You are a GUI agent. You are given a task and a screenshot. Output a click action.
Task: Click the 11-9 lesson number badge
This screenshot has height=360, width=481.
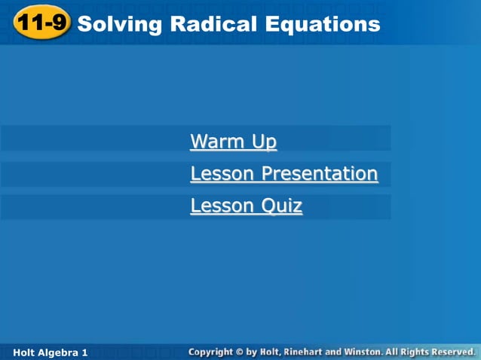coord(41,24)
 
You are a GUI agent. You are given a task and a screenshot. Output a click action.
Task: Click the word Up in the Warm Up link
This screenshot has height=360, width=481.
coord(265,142)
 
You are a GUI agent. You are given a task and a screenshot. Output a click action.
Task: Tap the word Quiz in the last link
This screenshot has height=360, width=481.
coord(282,206)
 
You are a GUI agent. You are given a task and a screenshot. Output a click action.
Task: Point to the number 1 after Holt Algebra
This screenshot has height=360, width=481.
coord(85,352)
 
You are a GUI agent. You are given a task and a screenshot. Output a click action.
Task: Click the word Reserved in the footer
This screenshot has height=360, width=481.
coord(451,352)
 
